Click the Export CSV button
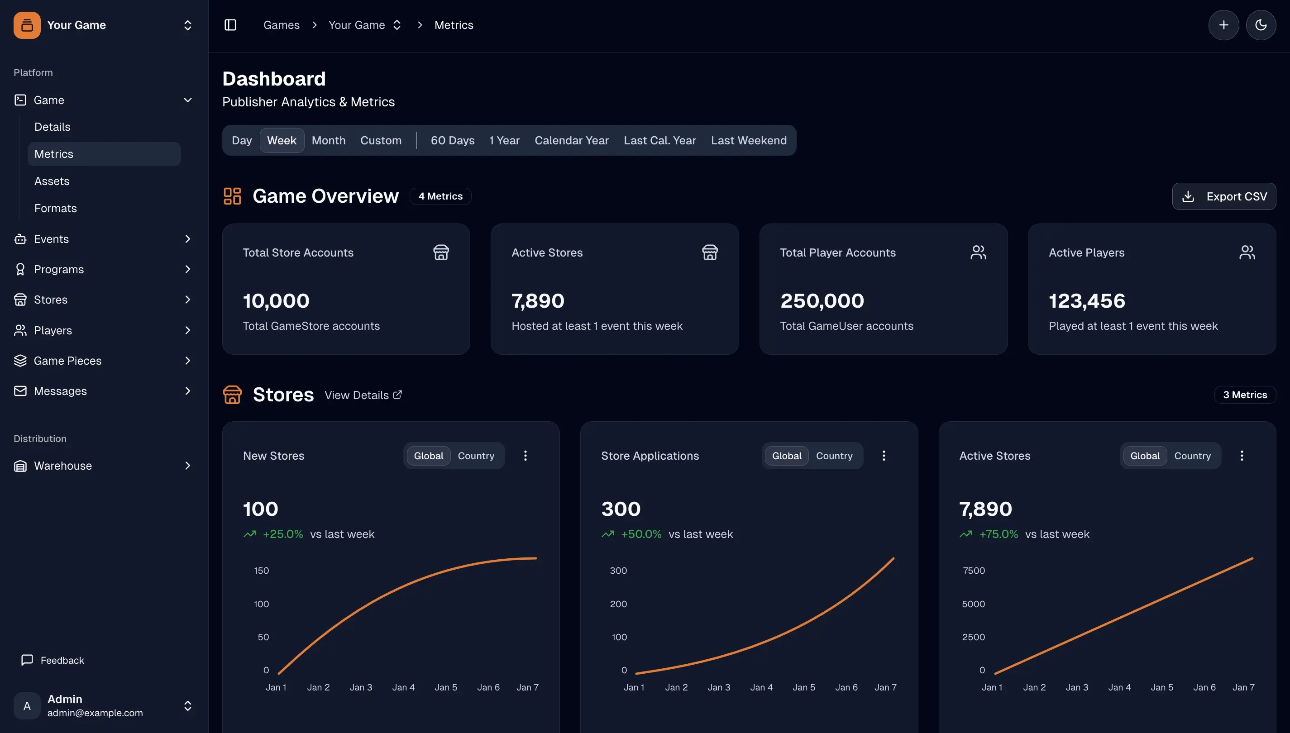pyautogui.click(x=1223, y=196)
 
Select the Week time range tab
pyautogui.click(x=282, y=140)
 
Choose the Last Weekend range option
pyautogui.click(x=748, y=140)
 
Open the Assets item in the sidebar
pyautogui.click(x=52, y=181)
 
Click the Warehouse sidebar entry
pyautogui.click(x=63, y=466)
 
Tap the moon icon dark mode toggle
pyautogui.click(x=1260, y=25)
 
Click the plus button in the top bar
pyautogui.click(x=1223, y=25)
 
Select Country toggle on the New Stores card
pyautogui.click(x=475, y=456)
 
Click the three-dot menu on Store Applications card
pyautogui.click(x=883, y=456)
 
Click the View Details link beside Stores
pyautogui.click(x=363, y=395)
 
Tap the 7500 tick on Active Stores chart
pyautogui.click(x=973, y=571)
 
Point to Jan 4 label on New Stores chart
pyautogui.click(x=403, y=687)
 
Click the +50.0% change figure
pyautogui.click(x=641, y=534)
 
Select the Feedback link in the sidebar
pyautogui.click(x=62, y=660)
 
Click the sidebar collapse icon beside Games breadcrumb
pyautogui.click(x=230, y=25)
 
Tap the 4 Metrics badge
pyautogui.click(x=440, y=196)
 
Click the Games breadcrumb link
pyautogui.click(x=281, y=25)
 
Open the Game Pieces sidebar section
pyautogui.click(x=67, y=361)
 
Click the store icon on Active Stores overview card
pyautogui.click(x=709, y=252)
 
